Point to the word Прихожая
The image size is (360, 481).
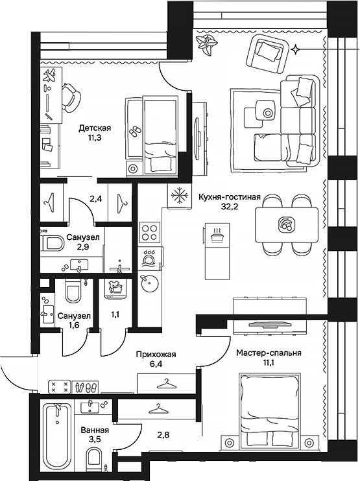click(x=156, y=354)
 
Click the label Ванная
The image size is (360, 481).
click(x=95, y=430)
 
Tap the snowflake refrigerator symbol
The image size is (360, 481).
click(x=176, y=196)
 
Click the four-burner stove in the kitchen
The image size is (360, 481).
click(x=149, y=231)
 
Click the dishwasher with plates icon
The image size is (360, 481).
click(x=149, y=258)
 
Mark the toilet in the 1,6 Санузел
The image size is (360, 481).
click(x=72, y=293)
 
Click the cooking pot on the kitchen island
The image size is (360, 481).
click(x=218, y=235)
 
